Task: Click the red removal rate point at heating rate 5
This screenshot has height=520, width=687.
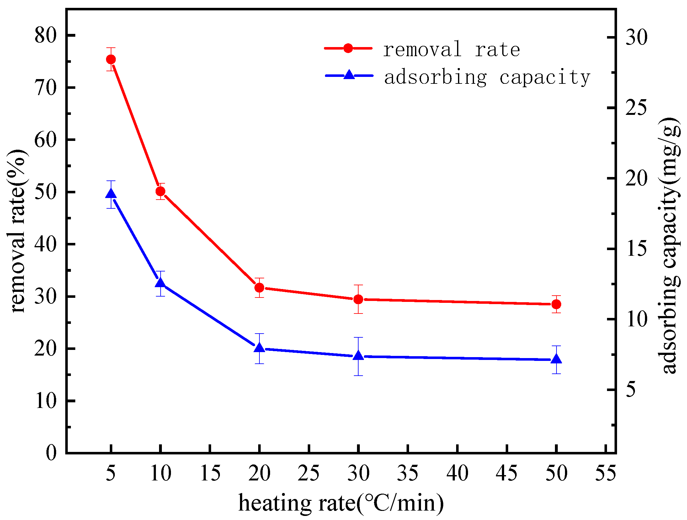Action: [111, 59]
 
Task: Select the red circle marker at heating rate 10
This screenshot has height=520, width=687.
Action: [160, 191]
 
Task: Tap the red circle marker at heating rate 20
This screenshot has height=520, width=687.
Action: [259, 287]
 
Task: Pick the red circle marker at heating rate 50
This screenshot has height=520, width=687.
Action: [556, 304]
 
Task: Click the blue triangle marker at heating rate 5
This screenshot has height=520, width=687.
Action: [111, 194]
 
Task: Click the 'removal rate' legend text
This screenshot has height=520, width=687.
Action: [451, 50]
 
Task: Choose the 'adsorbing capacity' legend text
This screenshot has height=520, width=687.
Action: [487, 77]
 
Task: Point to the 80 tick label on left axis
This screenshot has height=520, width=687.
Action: [45, 35]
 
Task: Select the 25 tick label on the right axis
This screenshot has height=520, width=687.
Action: [636, 108]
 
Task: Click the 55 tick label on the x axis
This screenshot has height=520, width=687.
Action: [605, 473]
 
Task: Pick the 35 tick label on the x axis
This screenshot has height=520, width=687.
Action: [407, 473]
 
